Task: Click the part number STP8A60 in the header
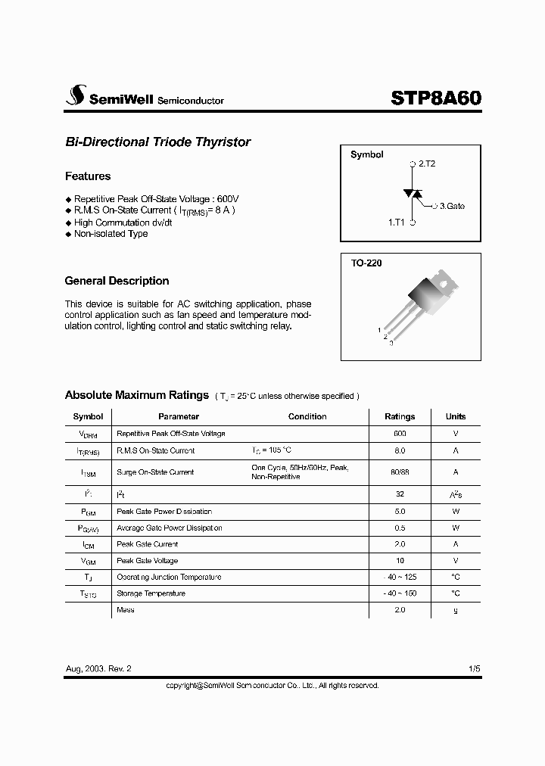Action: pyautogui.click(x=436, y=98)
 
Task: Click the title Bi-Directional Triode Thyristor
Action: pyautogui.click(x=157, y=142)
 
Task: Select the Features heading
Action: pyautogui.click(x=88, y=176)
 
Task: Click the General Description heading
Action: pyautogui.click(x=117, y=281)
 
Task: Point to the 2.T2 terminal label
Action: pyautogui.click(x=426, y=163)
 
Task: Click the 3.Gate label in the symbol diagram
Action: pyautogui.click(x=452, y=206)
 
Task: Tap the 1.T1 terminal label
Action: pyautogui.click(x=397, y=223)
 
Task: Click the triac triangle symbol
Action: pyautogui.click(x=413, y=194)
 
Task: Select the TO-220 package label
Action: pyautogui.click(x=366, y=263)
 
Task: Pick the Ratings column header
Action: pyautogui.click(x=400, y=416)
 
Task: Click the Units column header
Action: pyautogui.click(x=456, y=416)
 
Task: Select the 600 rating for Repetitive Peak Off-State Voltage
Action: pyautogui.click(x=400, y=434)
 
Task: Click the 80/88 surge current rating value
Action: pyautogui.click(x=400, y=472)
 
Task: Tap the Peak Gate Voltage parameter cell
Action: pyautogui.click(x=148, y=561)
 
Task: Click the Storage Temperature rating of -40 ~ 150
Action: pyautogui.click(x=400, y=593)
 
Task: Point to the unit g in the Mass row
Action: pyautogui.click(x=456, y=610)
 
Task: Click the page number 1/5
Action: pyautogui.click(x=473, y=670)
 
